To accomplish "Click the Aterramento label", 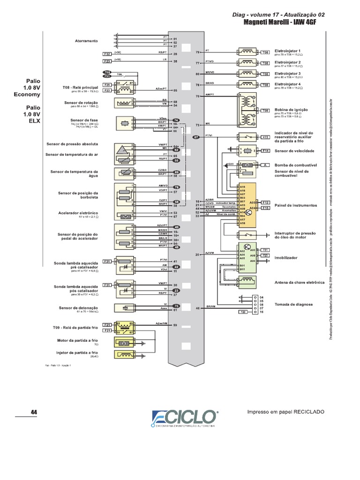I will coord(86,41).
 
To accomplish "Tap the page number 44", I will coord(33,412).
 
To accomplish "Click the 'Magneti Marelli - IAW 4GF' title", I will coord(284,22).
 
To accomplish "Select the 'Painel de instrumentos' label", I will coord(296,205).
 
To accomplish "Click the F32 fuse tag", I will coord(107,54).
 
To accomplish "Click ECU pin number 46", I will coord(197,308).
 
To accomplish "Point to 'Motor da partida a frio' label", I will coord(77,341).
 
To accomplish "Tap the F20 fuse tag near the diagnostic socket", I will coord(243,312).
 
